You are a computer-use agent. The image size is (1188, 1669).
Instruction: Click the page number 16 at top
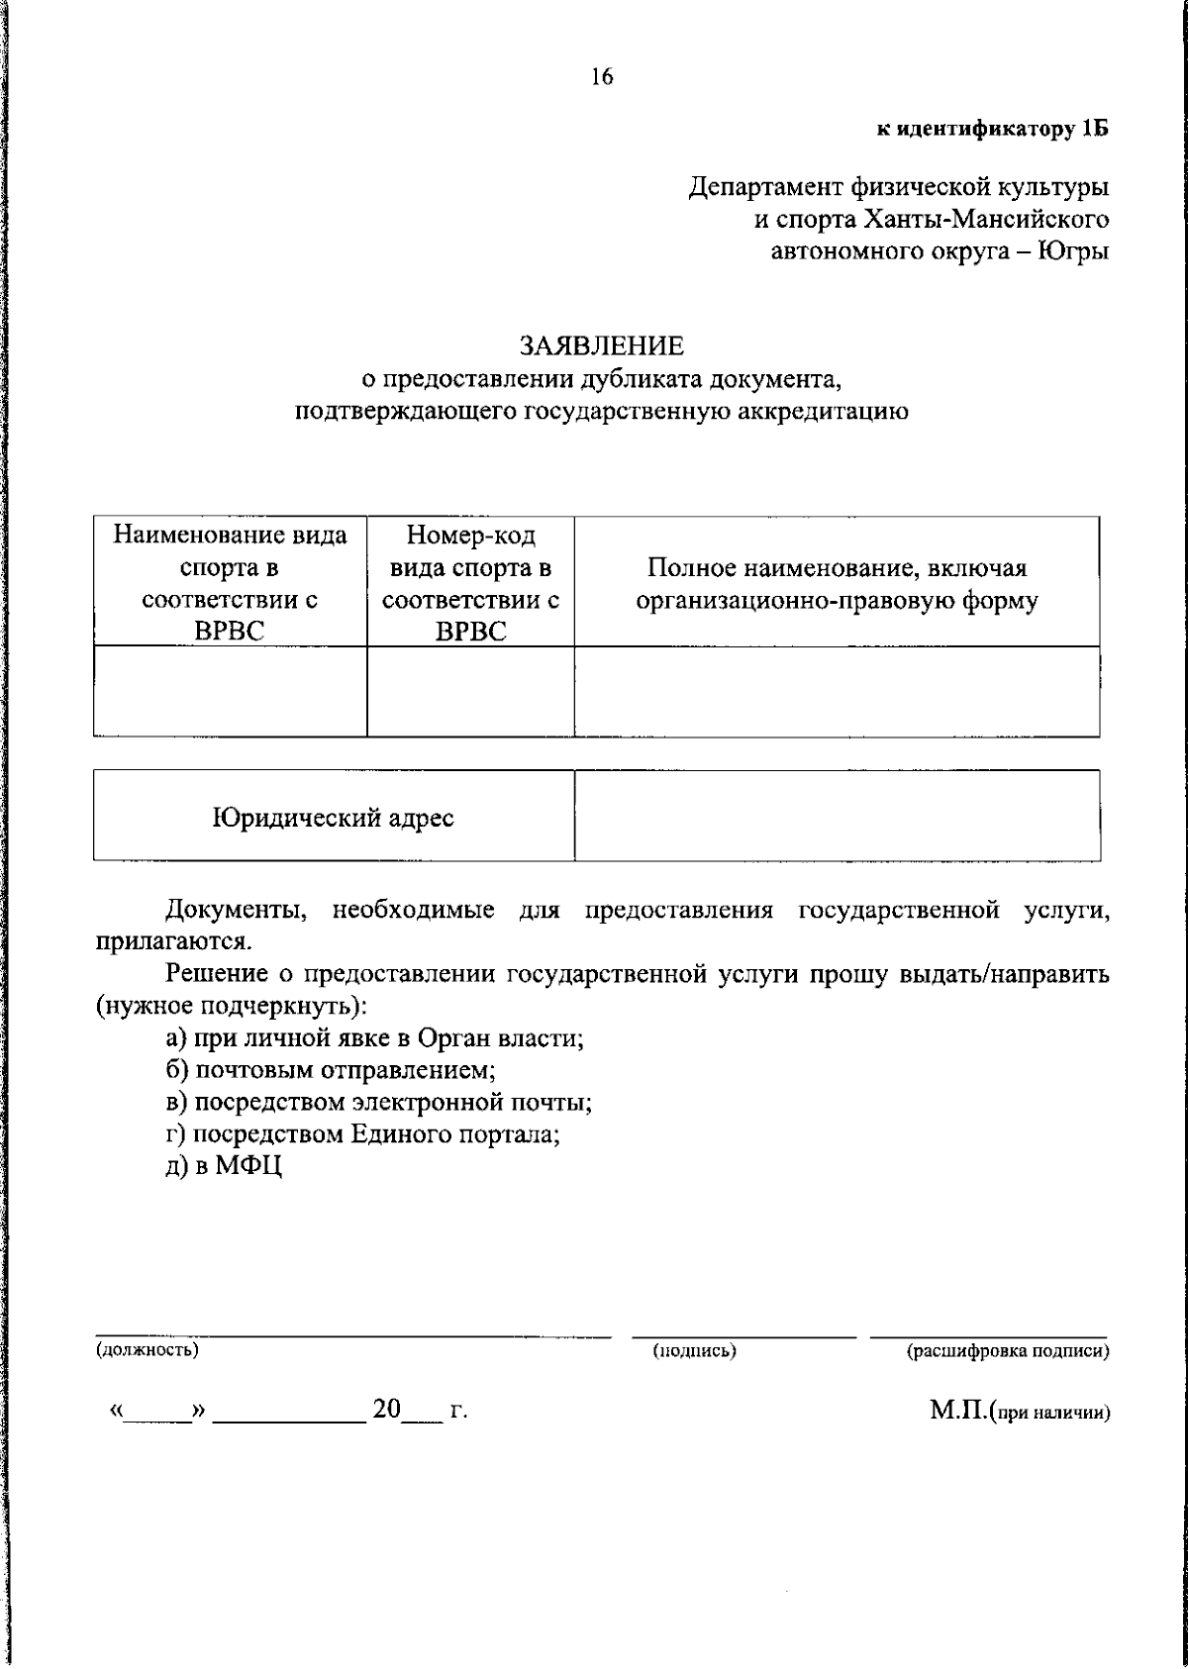pyautogui.click(x=602, y=77)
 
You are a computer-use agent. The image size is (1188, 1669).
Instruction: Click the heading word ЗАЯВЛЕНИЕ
pyautogui.click(x=602, y=345)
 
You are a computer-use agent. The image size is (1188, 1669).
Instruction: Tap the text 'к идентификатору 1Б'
pyautogui.click(x=993, y=129)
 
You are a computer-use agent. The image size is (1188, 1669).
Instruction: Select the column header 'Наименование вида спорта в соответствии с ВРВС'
pyautogui.click(x=230, y=583)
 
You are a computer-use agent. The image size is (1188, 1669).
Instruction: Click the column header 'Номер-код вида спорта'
pyautogui.click(x=470, y=583)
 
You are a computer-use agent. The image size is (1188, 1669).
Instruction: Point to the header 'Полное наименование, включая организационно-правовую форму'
pyautogui.click(x=837, y=584)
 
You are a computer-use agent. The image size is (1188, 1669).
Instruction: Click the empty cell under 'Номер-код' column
pyautogui.click(x=470, y=692)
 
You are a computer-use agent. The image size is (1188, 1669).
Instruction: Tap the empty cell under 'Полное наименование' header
pyautogui.click(x=837, y=692)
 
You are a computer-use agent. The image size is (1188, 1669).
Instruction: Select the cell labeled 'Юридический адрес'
pyautogui.click(x=334, y=818)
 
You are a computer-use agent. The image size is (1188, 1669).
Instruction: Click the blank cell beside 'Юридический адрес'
pyautogui.click(x=837, y=816)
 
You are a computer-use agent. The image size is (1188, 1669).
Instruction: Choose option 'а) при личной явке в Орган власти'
pyautogui.click(x=374, y=1038)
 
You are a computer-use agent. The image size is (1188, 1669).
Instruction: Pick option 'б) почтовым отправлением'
pyautogui.click(x=331, y=1070)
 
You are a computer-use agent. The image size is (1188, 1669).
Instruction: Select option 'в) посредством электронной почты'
pyautogui.click(x=379, y=1102)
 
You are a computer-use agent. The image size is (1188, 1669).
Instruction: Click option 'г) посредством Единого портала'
pyautogui.click(x=363, y=1133)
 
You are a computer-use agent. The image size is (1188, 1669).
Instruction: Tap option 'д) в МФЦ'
pyautogui.click(x=225, y=1166)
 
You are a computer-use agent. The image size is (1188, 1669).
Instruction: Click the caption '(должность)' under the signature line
pyautogui.click(x=147, y=1349)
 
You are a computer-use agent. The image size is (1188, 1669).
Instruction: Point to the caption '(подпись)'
pyautogui.click(x=694, y=1350)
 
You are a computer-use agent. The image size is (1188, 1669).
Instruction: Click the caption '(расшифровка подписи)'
pyautogui.click(x=1008, y=1350)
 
